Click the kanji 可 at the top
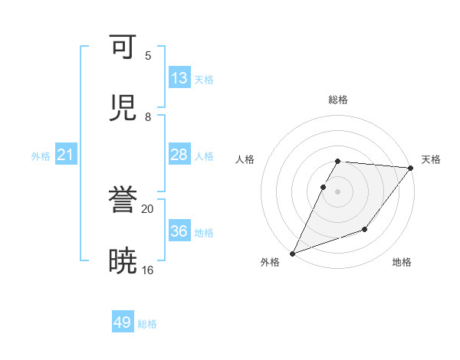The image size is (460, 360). point(123,48)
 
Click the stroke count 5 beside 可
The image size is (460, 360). point(148,55)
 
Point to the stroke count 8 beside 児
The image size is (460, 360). point(148,116)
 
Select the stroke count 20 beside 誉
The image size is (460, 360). point(148,208)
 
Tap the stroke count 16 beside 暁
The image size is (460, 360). point(148,270)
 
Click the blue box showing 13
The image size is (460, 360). point(179,78)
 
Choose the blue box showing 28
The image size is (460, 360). point(179,155)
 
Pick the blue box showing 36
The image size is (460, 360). point(179,231)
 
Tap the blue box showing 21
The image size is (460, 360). point(66,155)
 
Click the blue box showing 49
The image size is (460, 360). point(123,322)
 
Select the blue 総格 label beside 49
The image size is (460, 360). point(147,324)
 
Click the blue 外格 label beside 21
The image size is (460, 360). point(41,156)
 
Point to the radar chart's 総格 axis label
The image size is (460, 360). point(338,100)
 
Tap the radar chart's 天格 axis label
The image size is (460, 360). point(432,159)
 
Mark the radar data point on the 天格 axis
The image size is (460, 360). point(411,168)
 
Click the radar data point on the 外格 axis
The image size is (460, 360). point(292,253)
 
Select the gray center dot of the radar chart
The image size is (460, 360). point(338,191)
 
